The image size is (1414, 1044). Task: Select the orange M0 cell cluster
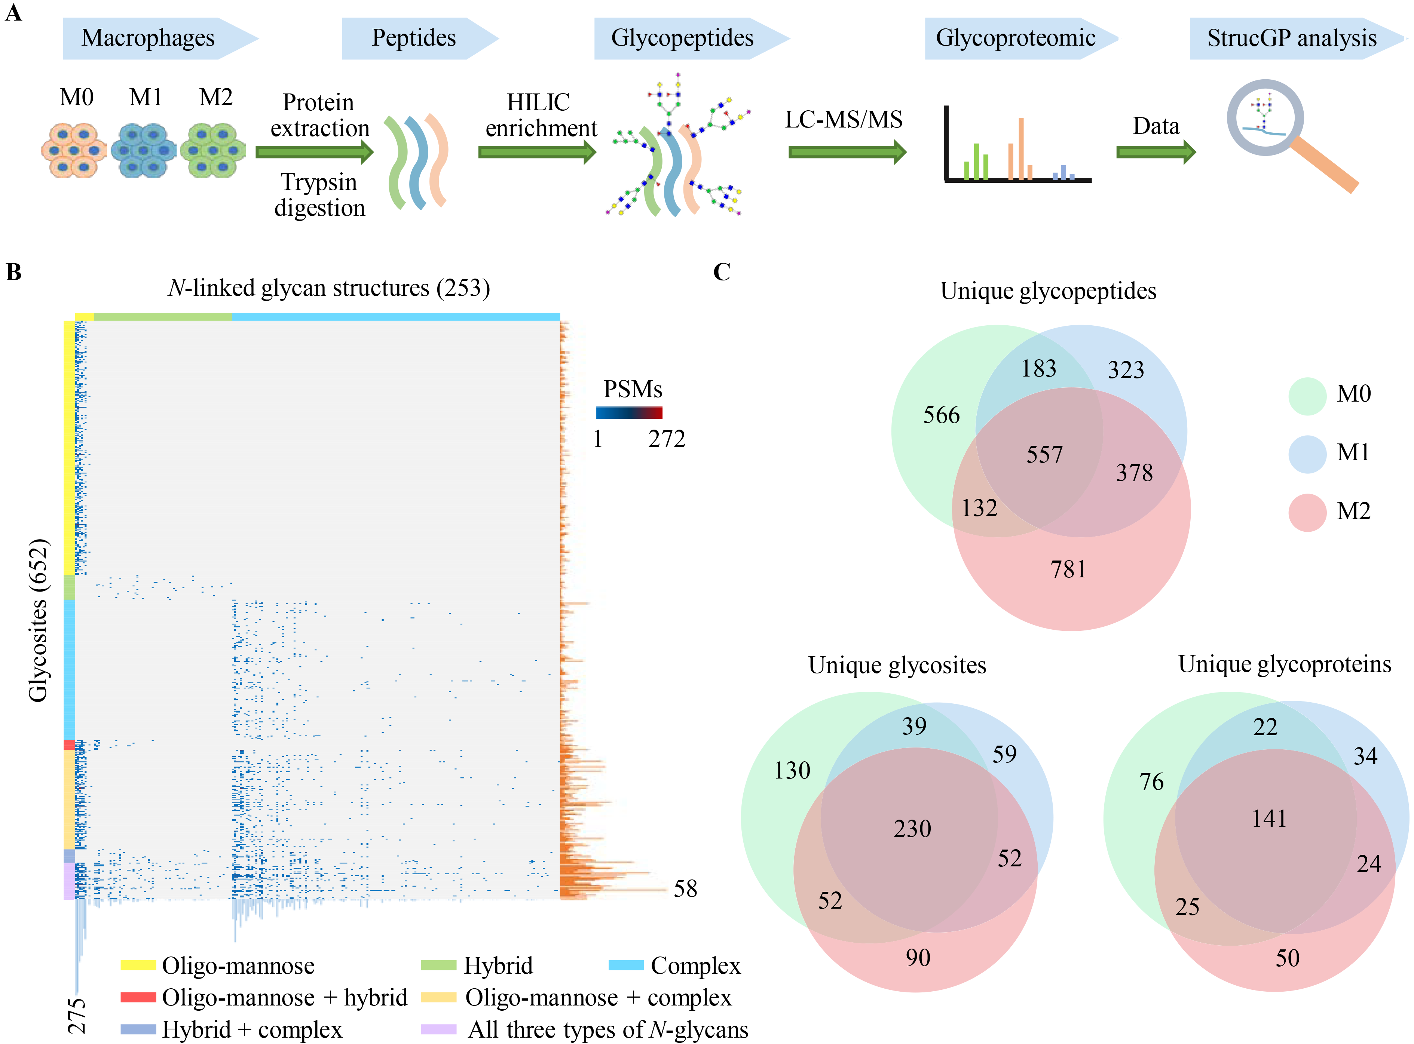pyautogui.click(x=74, y=150)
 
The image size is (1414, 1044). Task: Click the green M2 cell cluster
pyautogui.click(x=213, y=150)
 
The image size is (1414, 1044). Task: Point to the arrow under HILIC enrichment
pyautogui.click(x=537, y=152)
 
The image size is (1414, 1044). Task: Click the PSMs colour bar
pyautogui.click(x=628, y=413)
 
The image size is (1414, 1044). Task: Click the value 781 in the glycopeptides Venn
pyautogui.click(x=1068, y=570)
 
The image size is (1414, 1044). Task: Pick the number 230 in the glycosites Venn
pyautogui.click(x=912, y=829)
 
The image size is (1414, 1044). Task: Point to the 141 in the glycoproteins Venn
pyautogui.click(x=1268, y=819)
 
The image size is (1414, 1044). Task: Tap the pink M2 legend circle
pyautogui.click(x=1307, y=512)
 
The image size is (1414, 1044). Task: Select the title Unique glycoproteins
pyautogui.click(x=1285, y=664)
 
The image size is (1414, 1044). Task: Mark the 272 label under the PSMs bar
pyautogui.click(x=666, y=439)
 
